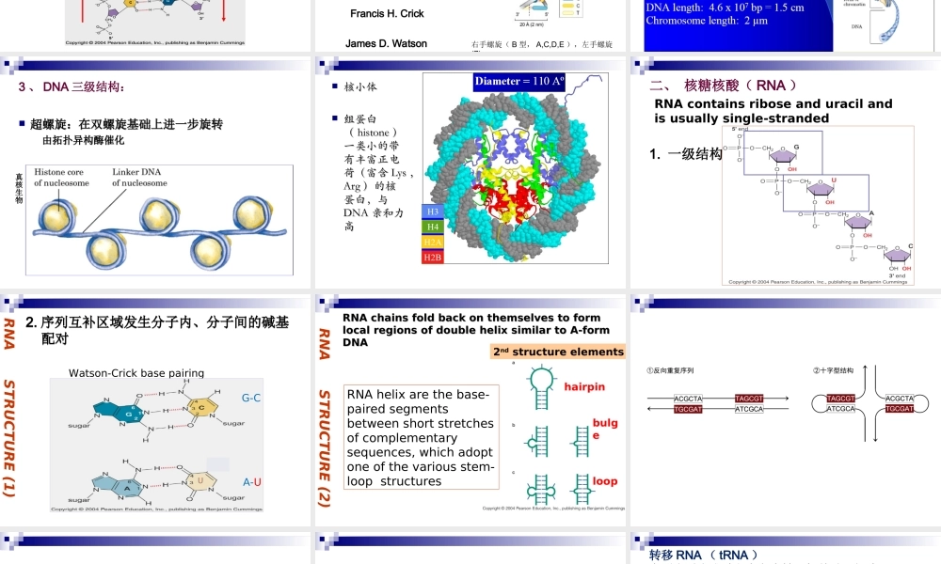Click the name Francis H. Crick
click(387, 14)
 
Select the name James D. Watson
click(386, 44)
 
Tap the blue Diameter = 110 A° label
click(519, 82)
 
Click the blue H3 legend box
click(433, 211)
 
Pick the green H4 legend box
click(433, 227)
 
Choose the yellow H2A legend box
click(433, 242)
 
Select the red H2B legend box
click(433, 257)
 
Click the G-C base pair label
click(251, 399)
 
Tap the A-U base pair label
click(251, 482)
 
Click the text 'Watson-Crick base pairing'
click(136, 373)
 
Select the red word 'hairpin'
click(584, 387)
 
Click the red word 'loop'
click(604, 481)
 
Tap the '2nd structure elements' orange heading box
click(558, 352)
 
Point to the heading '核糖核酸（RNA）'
click(735, 86)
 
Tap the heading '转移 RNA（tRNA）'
click(704, 556)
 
